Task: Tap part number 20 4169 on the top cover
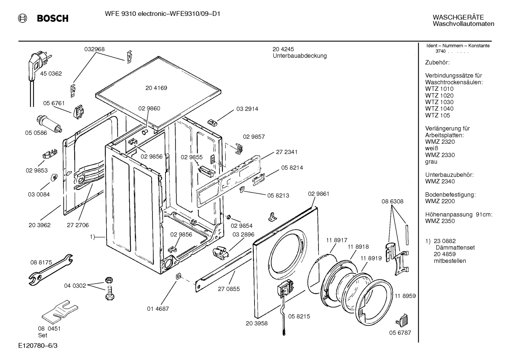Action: [156, 88]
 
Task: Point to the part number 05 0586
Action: [36, 133]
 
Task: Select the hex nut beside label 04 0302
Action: [109, 280]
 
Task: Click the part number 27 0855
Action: [228, 289]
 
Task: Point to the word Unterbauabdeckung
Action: [299, 56]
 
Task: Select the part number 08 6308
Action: [392, 201]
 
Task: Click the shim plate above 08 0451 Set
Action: [59, 311]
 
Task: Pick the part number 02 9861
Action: [318, 194]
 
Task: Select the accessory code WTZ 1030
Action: [439, 102]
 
